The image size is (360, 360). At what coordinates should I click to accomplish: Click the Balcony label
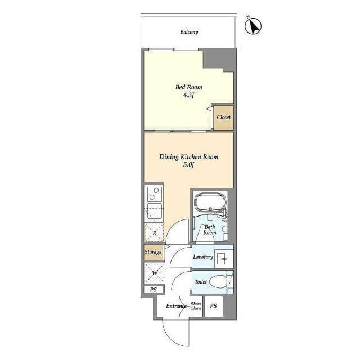189,32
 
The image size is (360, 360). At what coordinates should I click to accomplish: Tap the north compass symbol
253,26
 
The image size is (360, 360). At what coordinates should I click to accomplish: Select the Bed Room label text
189,87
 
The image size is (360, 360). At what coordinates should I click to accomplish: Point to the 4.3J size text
189,95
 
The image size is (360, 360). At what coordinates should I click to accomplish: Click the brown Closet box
224,118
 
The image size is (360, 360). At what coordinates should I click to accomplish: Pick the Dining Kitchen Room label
189,157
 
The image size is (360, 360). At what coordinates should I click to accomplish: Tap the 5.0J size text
189,165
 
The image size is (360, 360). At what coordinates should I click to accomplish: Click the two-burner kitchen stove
154,193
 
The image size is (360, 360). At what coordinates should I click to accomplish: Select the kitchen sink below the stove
154,211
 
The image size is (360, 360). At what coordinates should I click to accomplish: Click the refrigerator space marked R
154,233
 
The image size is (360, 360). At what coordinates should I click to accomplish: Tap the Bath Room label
210,229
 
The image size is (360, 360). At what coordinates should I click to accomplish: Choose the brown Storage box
153,252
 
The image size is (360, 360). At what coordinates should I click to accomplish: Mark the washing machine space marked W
155,273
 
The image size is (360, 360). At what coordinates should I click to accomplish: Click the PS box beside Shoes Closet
214,306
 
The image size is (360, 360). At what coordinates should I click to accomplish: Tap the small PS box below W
154,290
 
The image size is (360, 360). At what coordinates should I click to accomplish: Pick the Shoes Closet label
196,306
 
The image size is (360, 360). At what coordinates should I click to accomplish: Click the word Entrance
176,306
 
